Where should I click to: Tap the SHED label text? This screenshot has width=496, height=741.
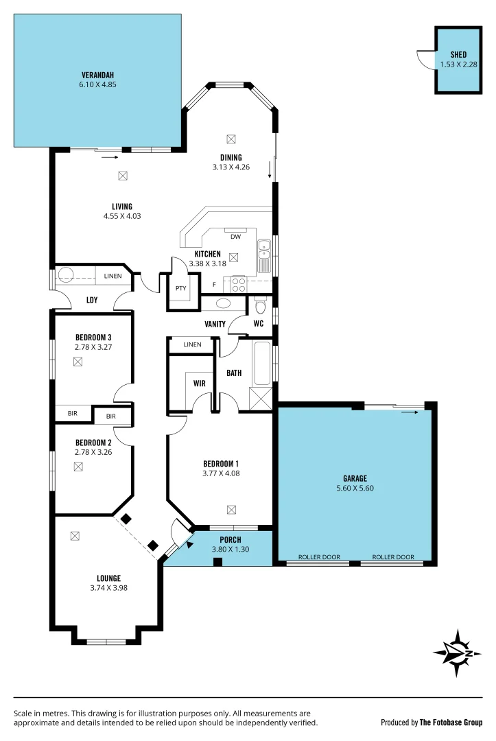(458, 55)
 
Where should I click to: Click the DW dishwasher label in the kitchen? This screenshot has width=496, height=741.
(235, 237)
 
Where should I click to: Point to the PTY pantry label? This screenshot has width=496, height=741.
(180, 288)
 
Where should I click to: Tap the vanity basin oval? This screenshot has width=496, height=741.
(224, 303)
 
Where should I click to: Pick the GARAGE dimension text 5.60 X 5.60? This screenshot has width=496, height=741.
(355, 488)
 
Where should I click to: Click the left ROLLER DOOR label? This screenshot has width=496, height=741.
(317, 557)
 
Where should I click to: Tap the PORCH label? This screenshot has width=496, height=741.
(230, 540)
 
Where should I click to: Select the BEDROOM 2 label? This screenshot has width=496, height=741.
(93, 443)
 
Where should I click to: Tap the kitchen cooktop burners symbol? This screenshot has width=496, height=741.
(239, 283)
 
